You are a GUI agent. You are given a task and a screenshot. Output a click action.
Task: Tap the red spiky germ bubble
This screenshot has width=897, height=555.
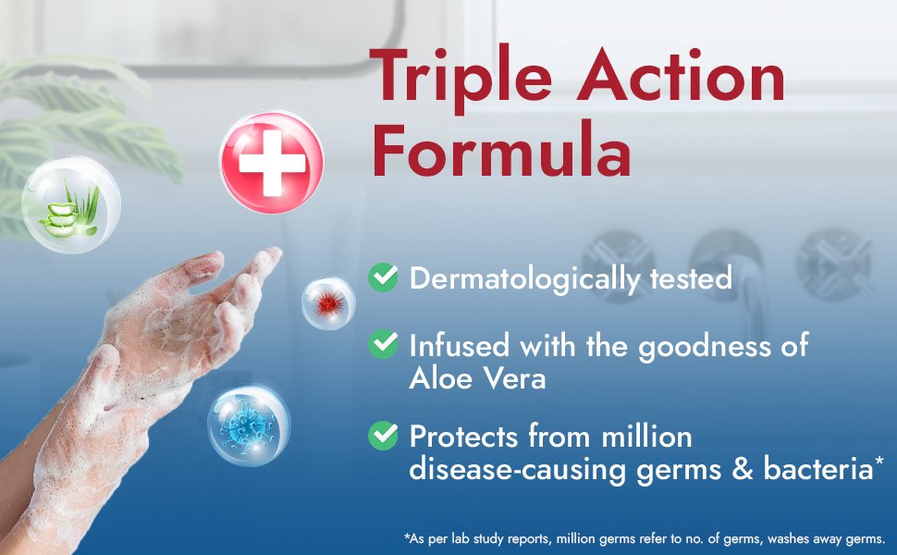328,303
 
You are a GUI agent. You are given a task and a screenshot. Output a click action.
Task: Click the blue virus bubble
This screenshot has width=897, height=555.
248,426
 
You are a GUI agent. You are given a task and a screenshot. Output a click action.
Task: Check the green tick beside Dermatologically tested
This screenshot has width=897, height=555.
382,277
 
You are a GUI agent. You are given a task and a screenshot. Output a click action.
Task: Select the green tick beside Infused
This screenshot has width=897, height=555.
382,345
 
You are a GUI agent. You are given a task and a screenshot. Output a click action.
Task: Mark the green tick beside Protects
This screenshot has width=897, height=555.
382,435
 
